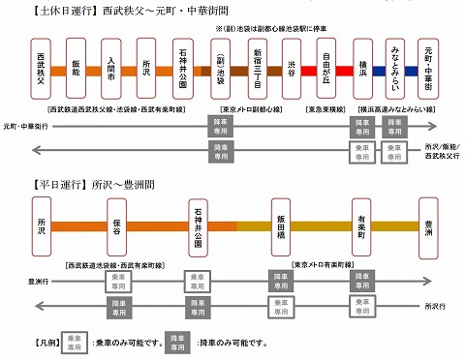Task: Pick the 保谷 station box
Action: coord(114,225)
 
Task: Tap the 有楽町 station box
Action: coord(359,225)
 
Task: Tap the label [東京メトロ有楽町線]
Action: coord(324,264)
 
